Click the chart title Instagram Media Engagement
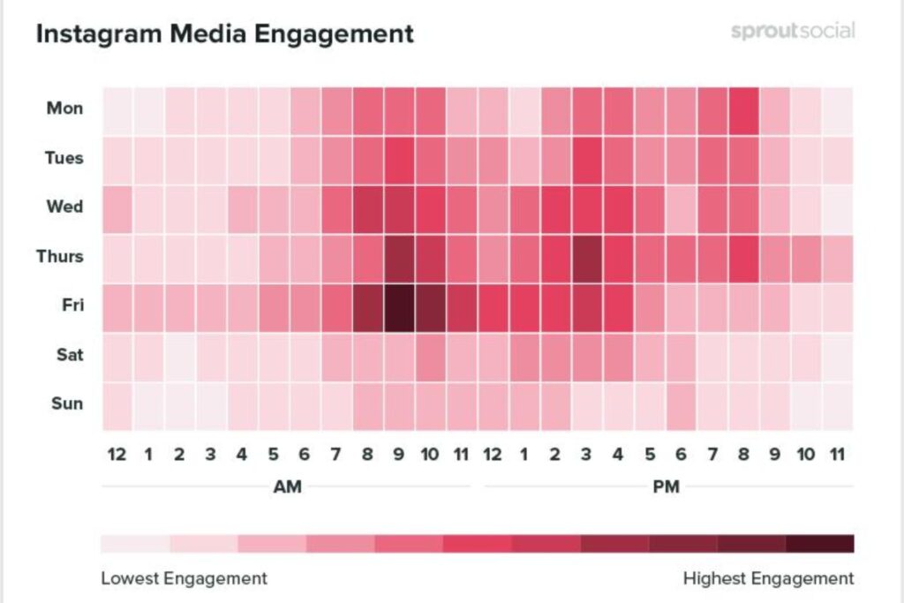click(x=224, y=34)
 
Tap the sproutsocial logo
click(x=793, y=31)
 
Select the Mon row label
click(x=65, y=109)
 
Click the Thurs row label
click(x=60, y=257)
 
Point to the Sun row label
click(x=66, y=404)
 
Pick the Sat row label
click(x=68, y=355)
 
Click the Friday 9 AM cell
click(x=399, y=307)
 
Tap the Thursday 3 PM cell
click(x=587, y=259)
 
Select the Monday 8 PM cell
click(x=744, y=110)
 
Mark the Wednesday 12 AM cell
click(x=117, y=209)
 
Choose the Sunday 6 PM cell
click(x=682, y=406)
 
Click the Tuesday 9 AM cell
click(x=399, y=160)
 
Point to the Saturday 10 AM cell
click(x=431, y=357)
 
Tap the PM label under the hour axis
click(x=667, y=486)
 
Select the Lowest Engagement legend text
click(x=184, y=579)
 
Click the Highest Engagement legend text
click(x=768, y=579)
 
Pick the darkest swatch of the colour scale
click(x=819, y=542)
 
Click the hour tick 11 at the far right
click(x=838, y=455)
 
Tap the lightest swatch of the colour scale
click(x=135, y=542)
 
